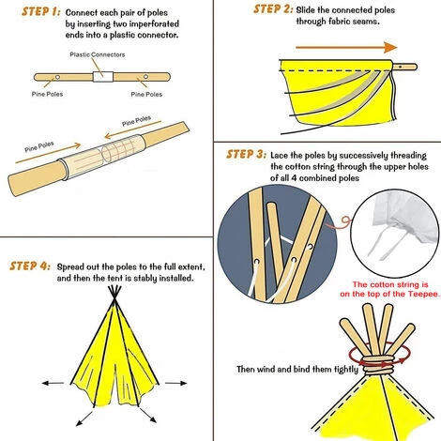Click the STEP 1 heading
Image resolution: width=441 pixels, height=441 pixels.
click(30, 12)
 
